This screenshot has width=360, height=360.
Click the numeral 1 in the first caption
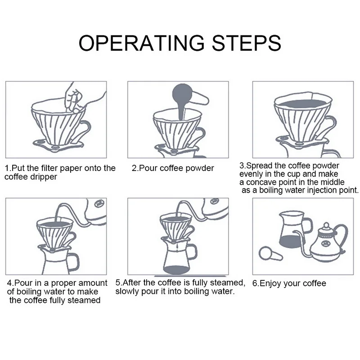point(7,168)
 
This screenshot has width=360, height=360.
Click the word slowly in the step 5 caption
point(128,291)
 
